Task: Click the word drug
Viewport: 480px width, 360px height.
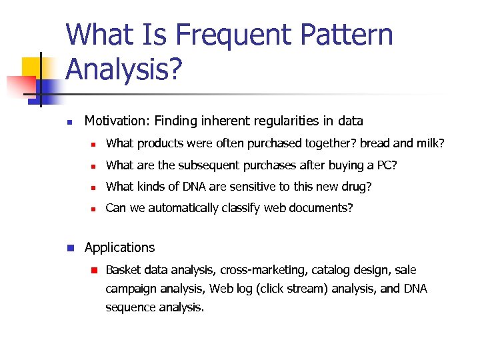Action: (357, 187)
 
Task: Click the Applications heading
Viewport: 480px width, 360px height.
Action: (119, 247)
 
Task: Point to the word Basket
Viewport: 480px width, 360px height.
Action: (124, 270)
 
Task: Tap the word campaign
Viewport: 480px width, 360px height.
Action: (131, 289)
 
